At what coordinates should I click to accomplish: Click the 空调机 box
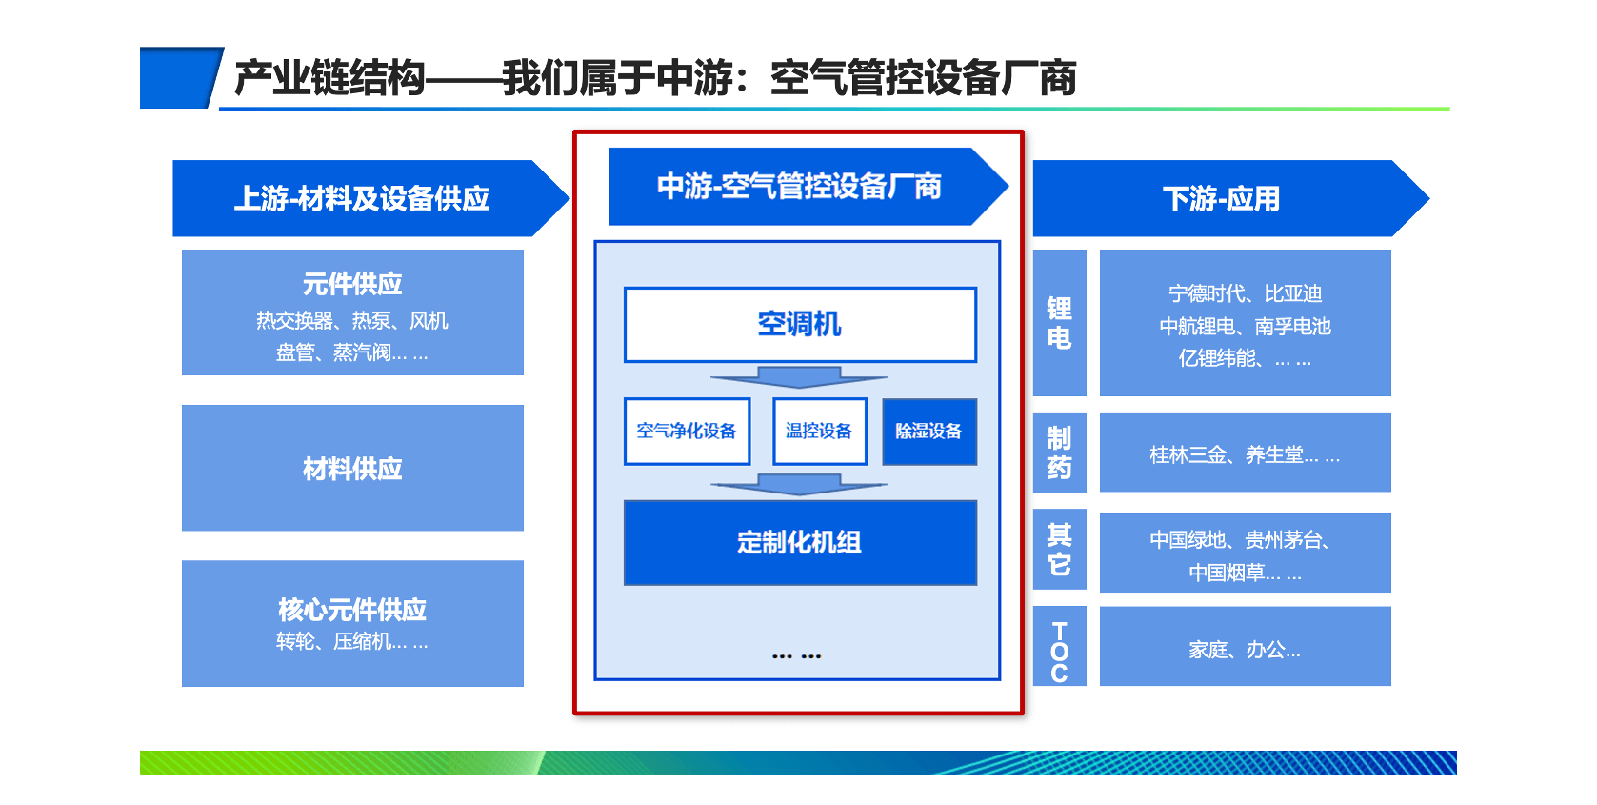tap(800, 325)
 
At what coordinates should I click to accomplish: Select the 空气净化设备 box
tap(687, 432)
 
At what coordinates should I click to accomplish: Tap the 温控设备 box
tap(819, 432)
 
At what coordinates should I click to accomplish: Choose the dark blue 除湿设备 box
tap(928, 432)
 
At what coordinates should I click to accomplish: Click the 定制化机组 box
tap(800, 542)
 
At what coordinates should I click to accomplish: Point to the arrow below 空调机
tap(800, 377)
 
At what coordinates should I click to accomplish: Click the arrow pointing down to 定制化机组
tap(800, 484)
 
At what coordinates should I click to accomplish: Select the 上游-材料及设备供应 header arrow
tap(362, 198)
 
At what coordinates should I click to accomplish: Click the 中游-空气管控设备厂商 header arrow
tap(800, 187)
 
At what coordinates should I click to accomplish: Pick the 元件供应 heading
tap(352, 284)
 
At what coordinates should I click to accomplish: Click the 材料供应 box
tap(352, 468)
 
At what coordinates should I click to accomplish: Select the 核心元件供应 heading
tap(352, 610)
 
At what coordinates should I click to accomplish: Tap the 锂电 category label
tap(1059, 323)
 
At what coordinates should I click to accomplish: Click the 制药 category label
tap(1059, 453)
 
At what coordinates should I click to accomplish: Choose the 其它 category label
tap(1059, 550)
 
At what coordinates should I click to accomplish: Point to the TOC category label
tap(1059, 651)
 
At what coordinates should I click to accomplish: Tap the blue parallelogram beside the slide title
tap(179, 77)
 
